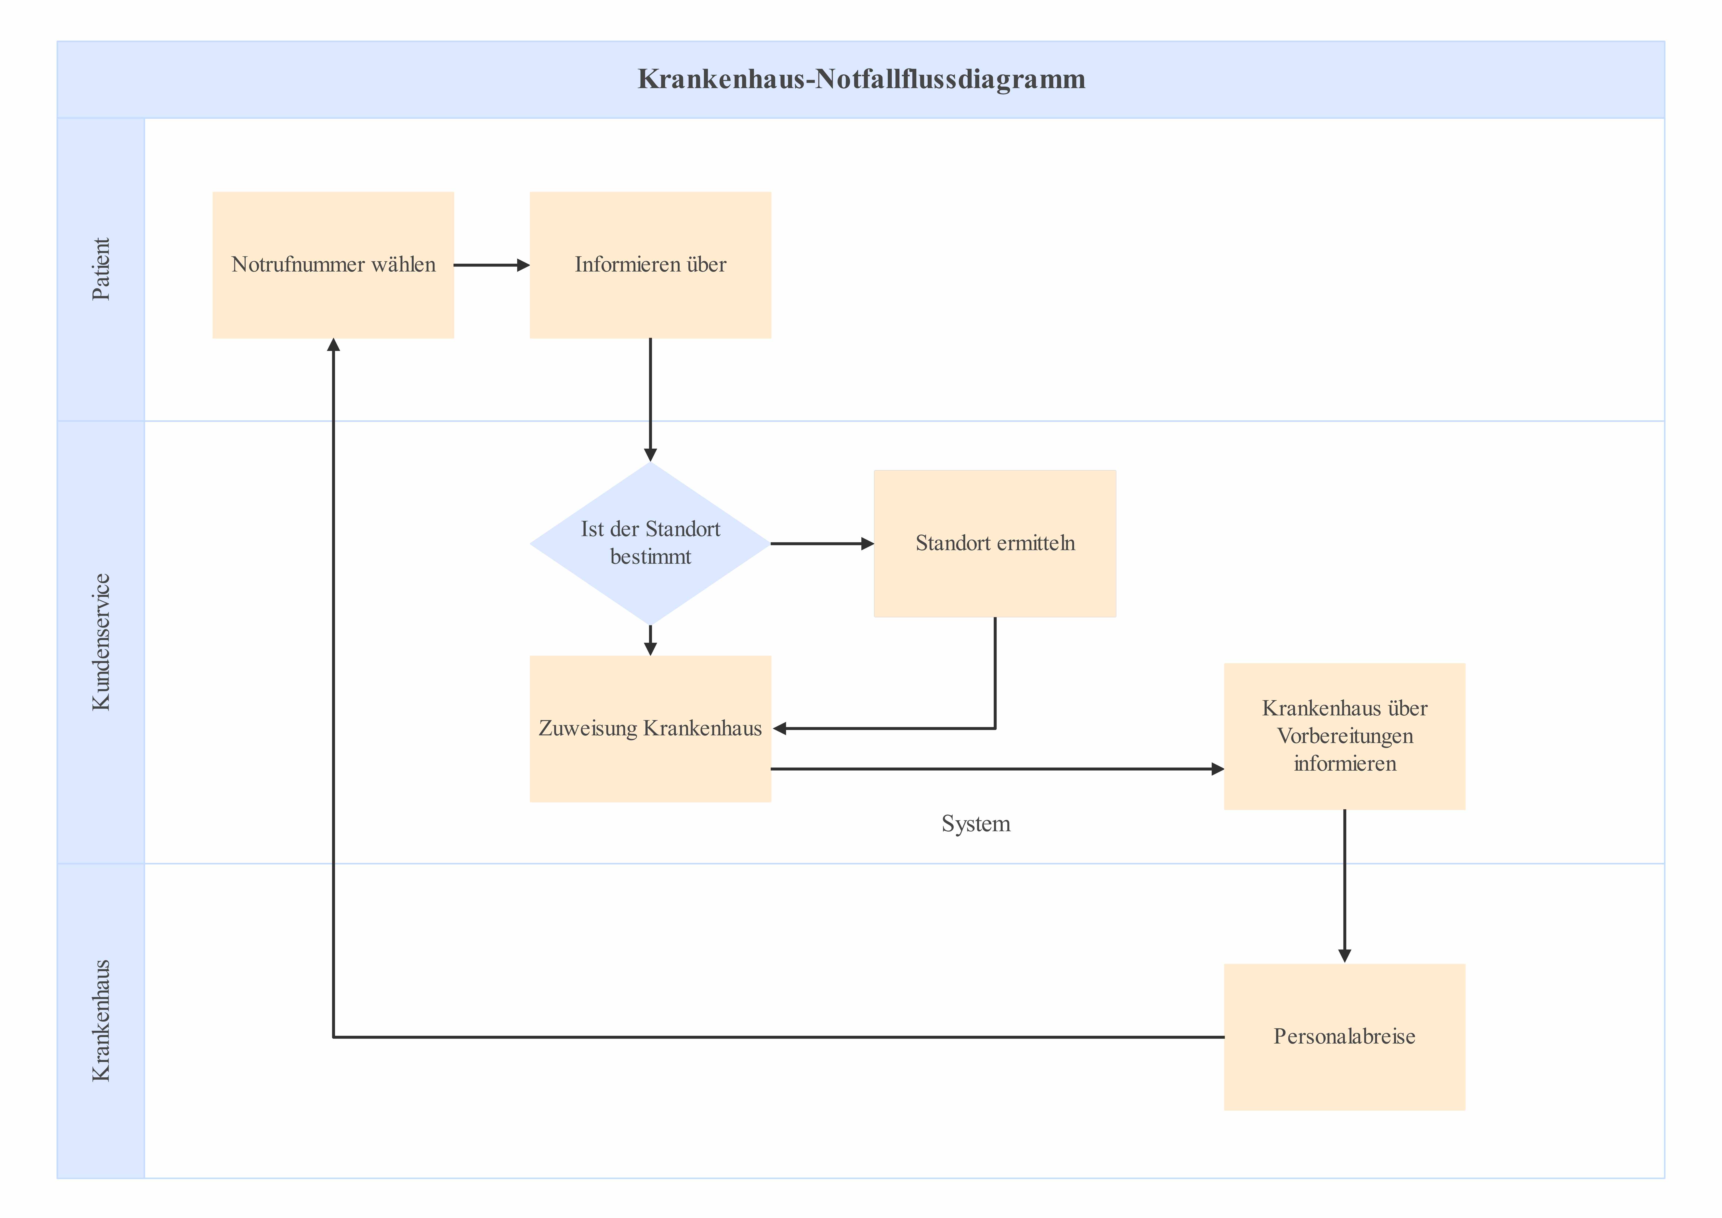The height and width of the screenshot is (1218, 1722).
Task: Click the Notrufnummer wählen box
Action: click(x=333, y=300)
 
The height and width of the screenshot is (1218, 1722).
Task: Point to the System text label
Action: click(x=976, y=824)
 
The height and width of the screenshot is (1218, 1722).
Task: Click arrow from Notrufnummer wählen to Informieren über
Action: click(x=491, y=265)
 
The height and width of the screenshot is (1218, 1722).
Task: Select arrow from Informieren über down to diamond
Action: click(x=650, y=398)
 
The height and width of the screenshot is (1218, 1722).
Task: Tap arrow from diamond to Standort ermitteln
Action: click(x=821, y=543)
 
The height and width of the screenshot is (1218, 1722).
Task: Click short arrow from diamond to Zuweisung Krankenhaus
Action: click(x=650, y=640)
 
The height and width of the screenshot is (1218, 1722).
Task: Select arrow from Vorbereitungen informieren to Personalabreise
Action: click(x=1344, y=885)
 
